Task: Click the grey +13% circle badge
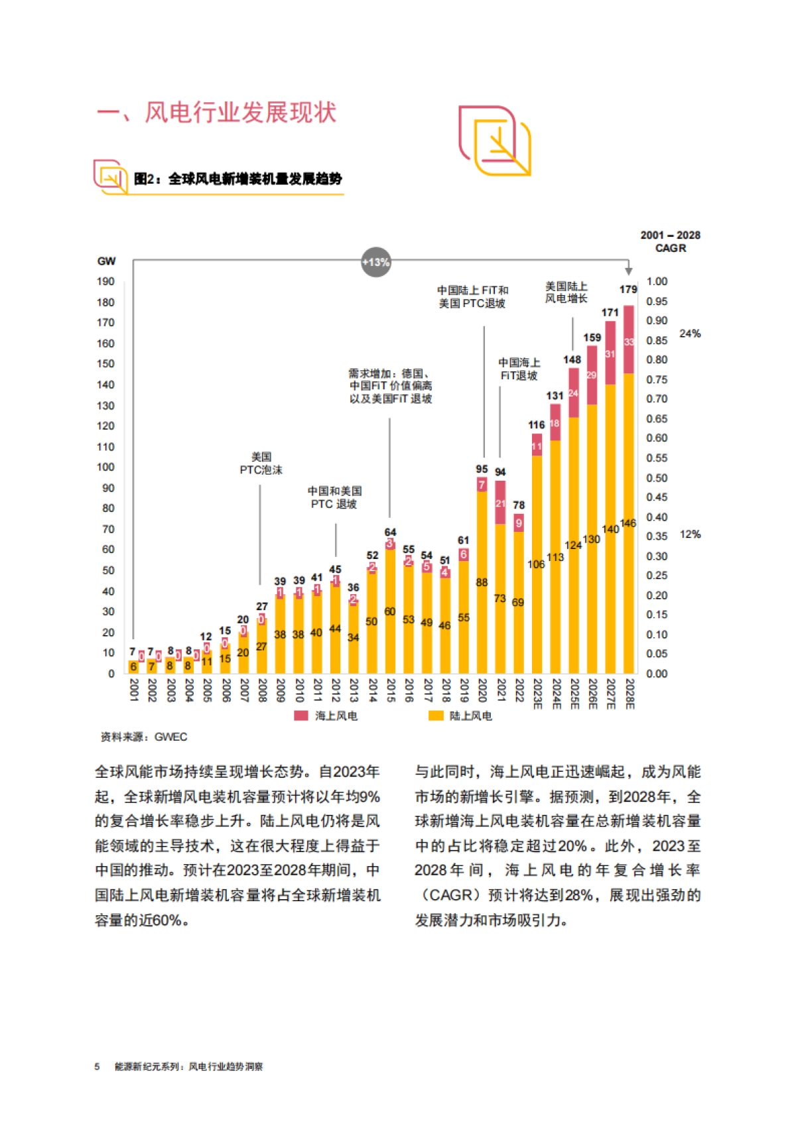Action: (375, 262)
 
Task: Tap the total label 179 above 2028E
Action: (628, 289)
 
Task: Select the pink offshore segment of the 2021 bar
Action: (500, 502)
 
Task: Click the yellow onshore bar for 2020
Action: (482, 584)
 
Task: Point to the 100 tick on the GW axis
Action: (106, 467)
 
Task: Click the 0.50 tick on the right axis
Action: (657, 477)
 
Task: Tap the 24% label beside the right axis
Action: (690, 334)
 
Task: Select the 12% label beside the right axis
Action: (690, 534)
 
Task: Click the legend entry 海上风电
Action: (328, 716)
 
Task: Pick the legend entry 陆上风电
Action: (462, 716)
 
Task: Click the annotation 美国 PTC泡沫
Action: (261, 463)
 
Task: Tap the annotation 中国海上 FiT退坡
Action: (519, 369)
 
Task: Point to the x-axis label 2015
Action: (391, 690)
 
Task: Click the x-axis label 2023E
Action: (537, 694)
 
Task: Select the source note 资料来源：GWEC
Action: (144, 737)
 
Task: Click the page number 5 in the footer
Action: (97, 1066)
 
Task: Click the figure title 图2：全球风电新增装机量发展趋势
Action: (238, 178)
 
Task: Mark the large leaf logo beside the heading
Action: (495, 141)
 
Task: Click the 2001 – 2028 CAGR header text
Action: (670, 241)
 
